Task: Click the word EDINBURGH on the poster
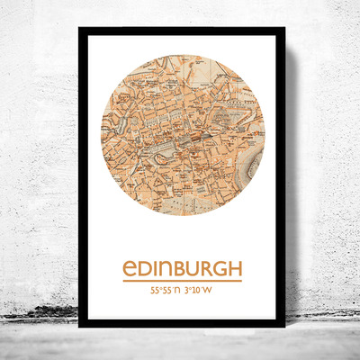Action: click(x=180, y=269)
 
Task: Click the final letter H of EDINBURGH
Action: click(x=235, y=269)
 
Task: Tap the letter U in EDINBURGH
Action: click(x=193, y=269)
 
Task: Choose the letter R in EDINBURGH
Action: click(x=206, y=269)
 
